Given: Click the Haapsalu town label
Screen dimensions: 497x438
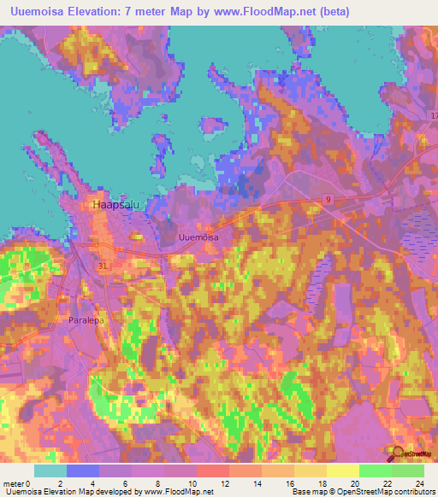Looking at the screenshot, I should coord(109,206).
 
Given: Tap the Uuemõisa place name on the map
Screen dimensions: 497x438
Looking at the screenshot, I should coord(198,237).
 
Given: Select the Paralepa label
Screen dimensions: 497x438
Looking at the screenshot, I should coord(86,320).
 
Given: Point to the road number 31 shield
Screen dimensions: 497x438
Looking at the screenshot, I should coord(103,266).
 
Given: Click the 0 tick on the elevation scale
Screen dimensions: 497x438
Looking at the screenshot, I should coord(34,482).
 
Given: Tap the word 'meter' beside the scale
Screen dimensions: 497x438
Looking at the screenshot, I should coord(16,482).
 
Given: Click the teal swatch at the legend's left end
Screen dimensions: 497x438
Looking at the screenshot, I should coord(50,471).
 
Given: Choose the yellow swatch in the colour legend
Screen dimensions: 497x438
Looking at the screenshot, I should coord(343,471).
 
